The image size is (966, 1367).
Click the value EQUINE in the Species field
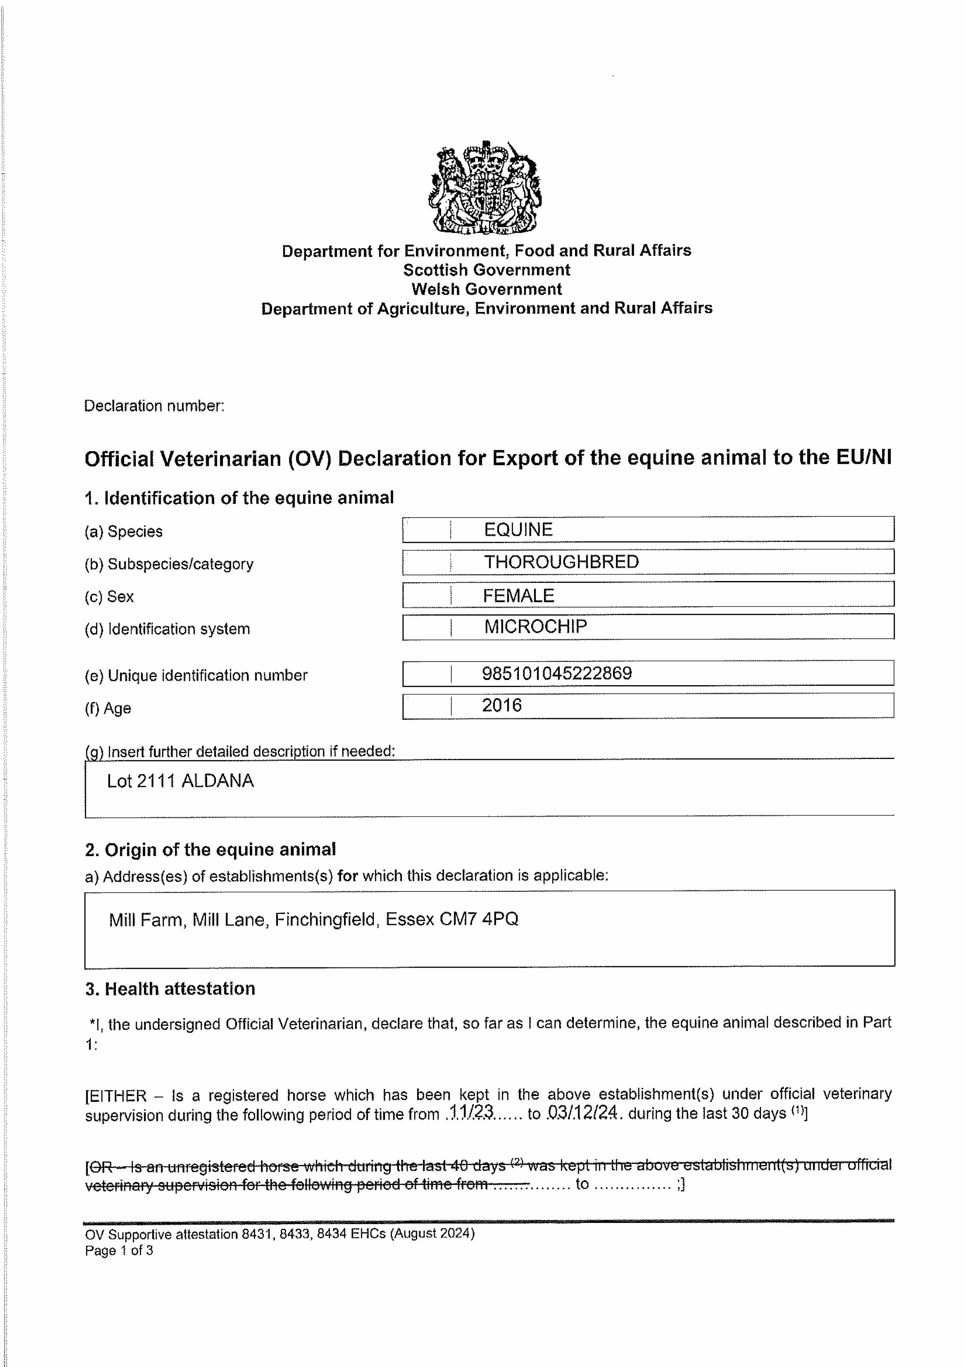(x=518, y=529)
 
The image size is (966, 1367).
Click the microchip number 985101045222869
(x=556, y=673)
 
